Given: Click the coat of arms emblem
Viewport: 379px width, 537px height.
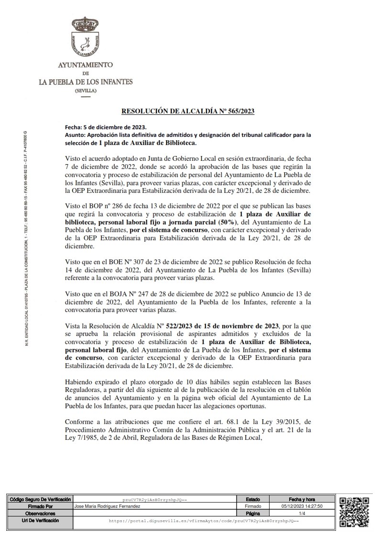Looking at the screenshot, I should [85, 38].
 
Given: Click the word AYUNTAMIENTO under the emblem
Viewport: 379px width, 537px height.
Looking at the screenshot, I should [86, 65].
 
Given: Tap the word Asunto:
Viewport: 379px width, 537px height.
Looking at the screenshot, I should [75, 135].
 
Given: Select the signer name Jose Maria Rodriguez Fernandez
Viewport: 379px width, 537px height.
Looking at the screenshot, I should [108, 505].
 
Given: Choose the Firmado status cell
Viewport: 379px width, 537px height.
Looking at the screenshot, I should [253, 505].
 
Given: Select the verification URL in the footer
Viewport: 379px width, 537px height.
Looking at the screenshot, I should [204, 520].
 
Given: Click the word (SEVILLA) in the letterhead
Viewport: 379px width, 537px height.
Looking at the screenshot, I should [86, 90].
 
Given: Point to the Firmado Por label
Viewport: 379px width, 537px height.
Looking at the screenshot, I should [41, 505].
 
